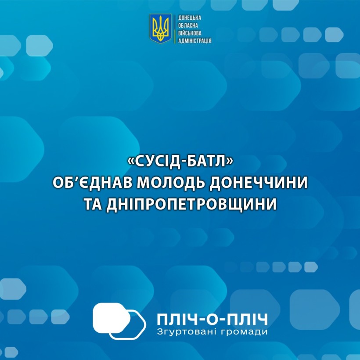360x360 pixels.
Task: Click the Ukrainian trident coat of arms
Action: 161,29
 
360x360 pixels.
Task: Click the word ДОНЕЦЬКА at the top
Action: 190,18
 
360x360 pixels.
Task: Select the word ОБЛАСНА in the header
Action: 188,25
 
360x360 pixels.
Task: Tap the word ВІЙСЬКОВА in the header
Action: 190,33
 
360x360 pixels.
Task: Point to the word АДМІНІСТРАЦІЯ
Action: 194,41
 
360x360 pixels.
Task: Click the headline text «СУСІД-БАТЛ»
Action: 180,162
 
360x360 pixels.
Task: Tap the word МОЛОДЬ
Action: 170,183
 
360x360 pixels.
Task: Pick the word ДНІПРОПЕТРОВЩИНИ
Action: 191,204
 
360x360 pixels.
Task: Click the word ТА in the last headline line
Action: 93,204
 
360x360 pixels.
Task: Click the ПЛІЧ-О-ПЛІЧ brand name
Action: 212,320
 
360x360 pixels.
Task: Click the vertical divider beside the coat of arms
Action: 175,29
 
